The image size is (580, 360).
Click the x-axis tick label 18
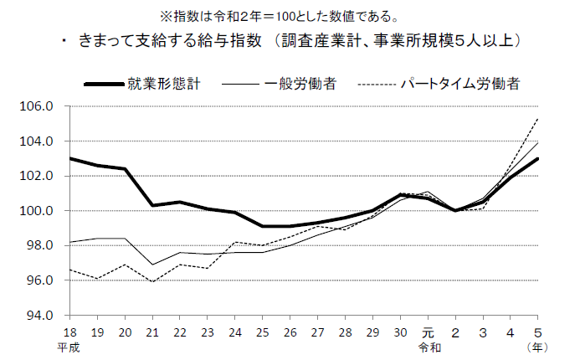pos(69,332)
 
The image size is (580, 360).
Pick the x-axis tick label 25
pos(263,332)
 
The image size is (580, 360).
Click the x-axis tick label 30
pos(401,332)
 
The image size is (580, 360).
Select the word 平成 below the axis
pos(69,346)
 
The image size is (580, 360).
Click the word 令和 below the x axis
pos(429,346)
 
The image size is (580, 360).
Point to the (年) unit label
pos(536,346)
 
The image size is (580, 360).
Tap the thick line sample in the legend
pos(104,85)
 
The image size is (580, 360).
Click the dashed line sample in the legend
pos(376,85)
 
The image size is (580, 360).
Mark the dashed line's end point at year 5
pos(537,119)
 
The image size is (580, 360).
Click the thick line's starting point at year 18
pos(69,158)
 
